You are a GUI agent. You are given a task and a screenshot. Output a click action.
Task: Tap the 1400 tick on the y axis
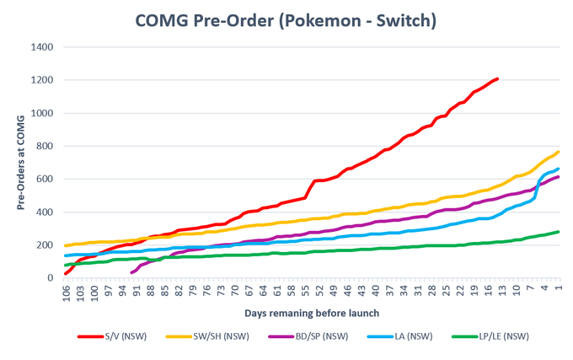click(x=42, y=47)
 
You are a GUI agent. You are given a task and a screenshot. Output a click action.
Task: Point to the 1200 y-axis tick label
click(x=42, y=80)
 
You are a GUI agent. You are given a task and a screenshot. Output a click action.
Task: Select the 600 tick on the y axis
click(x=45, y=179)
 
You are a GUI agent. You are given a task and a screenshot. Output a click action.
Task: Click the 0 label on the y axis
click(x=51, y=278)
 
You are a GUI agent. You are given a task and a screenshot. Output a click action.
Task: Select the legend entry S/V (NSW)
click(x=112, y=336)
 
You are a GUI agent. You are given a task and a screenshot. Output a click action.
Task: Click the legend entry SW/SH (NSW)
click(x=207, y=336)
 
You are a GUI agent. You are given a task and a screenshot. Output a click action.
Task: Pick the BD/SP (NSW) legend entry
click(x=308, y=336)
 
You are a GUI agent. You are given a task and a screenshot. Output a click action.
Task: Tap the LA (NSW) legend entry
click(x=400, y=336)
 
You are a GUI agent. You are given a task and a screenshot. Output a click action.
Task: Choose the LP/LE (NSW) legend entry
click(x=490, y=336)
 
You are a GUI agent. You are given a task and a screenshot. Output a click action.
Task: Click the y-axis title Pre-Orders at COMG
click(x=21, y=163)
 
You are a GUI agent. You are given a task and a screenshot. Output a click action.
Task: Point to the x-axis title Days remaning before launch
click(x=312, y=314)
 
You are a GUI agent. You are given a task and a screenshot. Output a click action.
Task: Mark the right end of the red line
click(x=497, y=78)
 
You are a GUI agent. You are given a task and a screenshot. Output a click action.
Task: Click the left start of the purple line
click(x=131, y=272)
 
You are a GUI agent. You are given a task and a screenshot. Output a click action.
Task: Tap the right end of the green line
click(x=559, y=232)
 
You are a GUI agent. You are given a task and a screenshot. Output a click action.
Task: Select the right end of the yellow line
click(x=559, y=152)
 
